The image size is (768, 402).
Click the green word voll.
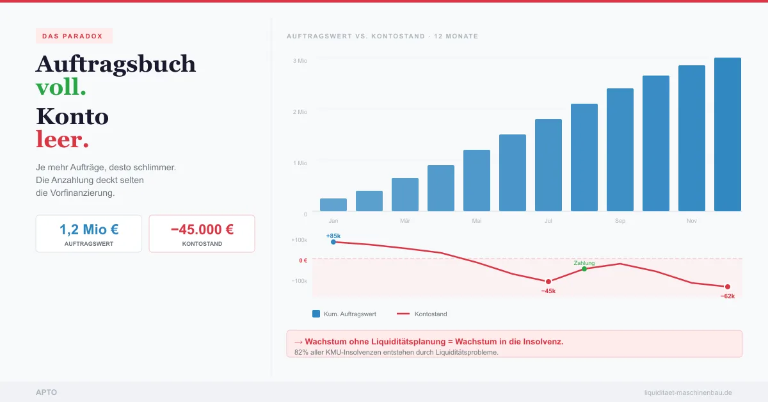coord(61,88)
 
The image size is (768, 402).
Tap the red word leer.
coord(62,140)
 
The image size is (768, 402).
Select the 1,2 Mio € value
coord(89,229)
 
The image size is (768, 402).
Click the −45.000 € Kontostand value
coord(202,229)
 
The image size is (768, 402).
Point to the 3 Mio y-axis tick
coord(300,61)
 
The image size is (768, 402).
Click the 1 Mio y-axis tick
coord(300,163)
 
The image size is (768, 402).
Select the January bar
coord(333,205)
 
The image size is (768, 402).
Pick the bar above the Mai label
coord(477,181)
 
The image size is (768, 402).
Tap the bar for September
coord(620,150)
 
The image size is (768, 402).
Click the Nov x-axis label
coord(692,221)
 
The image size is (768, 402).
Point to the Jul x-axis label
coord(548,221)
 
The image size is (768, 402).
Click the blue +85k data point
coord(333,242)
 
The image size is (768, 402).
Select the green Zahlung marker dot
coord(584,269)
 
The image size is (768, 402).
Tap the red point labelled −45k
coord(548,282)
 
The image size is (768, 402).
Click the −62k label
coord(727,296)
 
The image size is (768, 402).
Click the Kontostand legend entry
coord(422,314)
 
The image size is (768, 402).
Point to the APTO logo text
coord(46,392)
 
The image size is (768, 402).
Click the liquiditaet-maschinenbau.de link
coord(688,392)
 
